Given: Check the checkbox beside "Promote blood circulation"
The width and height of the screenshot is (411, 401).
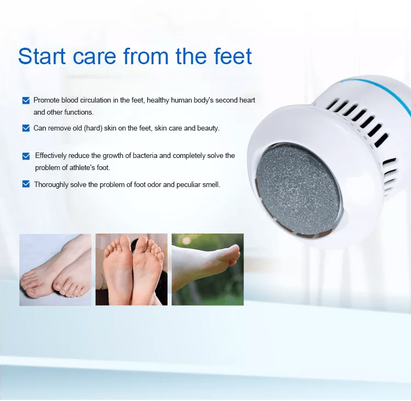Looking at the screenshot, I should coord(26,100).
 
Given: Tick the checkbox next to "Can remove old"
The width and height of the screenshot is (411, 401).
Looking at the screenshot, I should coord(26,128).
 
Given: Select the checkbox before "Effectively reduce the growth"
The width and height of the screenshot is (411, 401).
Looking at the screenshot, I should coord(26,156).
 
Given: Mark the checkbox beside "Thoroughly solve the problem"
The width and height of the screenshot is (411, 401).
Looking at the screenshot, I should coord(26,184).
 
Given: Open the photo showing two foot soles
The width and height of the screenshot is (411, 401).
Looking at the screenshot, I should coord(131,269).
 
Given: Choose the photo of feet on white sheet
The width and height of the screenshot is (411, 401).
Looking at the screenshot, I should coord(55,269).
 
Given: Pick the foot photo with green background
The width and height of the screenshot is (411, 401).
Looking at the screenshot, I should coord(207,269).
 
